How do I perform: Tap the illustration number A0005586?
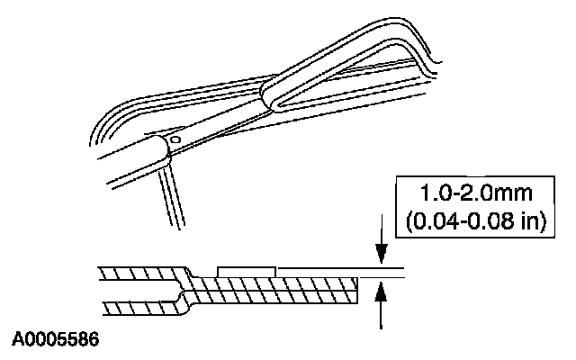click(56, 341)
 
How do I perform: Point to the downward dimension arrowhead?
click(383, 259)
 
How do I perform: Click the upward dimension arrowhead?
click(383, 288)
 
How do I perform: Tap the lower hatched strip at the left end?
click(135, 309)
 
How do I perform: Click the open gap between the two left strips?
click(135, 291)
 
